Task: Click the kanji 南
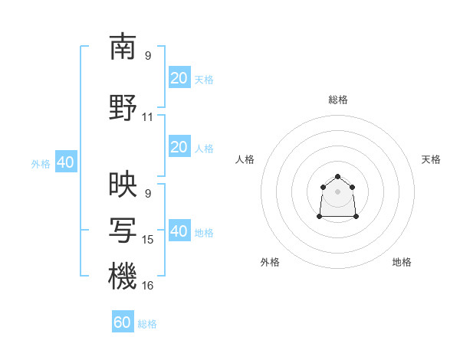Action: tap(123, 47)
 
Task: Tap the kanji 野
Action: tap(123, 107)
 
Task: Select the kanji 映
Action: tap(123, 184)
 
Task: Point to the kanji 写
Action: tap(123, 230)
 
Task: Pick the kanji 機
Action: tap(123, 276)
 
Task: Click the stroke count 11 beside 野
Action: tap(147, 117)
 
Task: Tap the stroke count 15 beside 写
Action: tap(147, 240)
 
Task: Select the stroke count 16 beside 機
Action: tap(147, 286)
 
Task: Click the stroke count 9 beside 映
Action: tap(148, 194)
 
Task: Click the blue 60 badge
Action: tap(123, 321)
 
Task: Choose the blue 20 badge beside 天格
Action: tap(179, 77)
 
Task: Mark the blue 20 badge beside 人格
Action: tap(179, 146)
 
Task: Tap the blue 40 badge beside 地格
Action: tap(179, 230)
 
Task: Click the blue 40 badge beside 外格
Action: tap(66, 162)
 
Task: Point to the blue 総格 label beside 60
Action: tap(147, 324)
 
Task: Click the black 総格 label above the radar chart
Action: tap(338, 100)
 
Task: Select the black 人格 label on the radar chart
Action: tap(245, 159)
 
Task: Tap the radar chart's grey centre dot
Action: tap(337, 191)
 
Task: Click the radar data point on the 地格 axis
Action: tap(356, 217)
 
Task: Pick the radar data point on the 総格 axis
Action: tap(337, 176)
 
